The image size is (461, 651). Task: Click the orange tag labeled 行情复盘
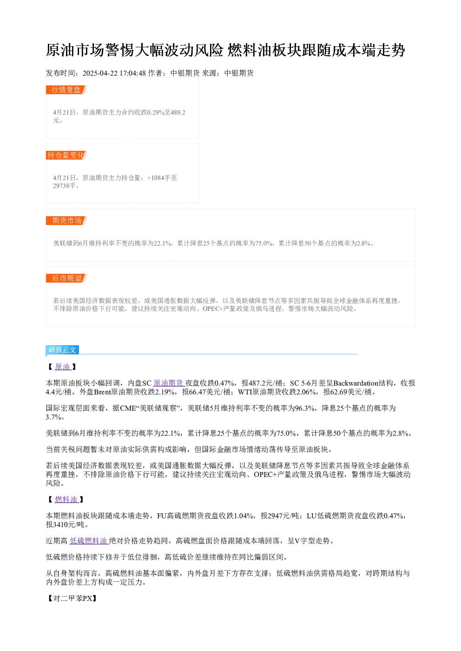click(66, 90)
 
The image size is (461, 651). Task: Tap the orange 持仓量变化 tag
click(66, 155)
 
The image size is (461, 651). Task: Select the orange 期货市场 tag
click(66, 220)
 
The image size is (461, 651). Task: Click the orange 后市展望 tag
click(66, 278)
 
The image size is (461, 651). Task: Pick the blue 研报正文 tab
click(62, 349)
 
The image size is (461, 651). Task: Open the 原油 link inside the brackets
click(63, 367)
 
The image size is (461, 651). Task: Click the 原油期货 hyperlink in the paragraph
click(169, 383)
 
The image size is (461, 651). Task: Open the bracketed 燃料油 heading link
click(66, 499)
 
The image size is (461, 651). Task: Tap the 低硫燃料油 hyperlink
click(89, 541)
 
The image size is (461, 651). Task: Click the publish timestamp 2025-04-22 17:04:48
click(114, 73)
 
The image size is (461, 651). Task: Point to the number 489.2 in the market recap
click(178, 112)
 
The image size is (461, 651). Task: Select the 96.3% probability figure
click(304, 408)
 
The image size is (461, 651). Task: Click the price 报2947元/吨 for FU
click(280, 516)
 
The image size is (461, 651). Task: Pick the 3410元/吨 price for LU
click(71, 525)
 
